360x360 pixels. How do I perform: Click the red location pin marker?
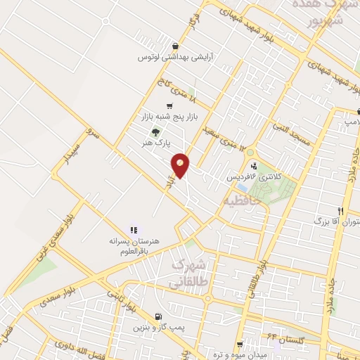point(181,165)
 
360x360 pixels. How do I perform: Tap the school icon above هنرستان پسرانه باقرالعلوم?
point(134,229)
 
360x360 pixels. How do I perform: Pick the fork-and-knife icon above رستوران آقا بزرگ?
point(340,211)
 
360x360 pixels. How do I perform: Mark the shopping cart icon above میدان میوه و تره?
point(240,345)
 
